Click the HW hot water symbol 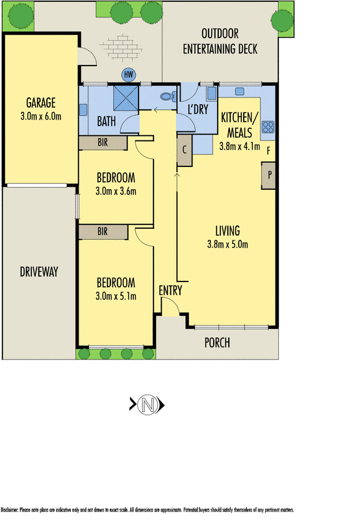pos(128,75)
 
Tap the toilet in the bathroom pos(168,96)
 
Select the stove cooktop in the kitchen pos(268,127)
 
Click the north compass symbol pos(147,404)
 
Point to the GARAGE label pos(41,103)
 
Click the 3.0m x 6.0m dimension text pos(41,116)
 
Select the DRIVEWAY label pos(39,272)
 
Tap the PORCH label pos(217,343)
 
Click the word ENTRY pos(170,291)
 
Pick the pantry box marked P pos(268,175)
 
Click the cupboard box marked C pos(185,150)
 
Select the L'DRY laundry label pos(198,109)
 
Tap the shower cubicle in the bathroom pos(125,98)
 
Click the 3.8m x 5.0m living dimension pos(227,244)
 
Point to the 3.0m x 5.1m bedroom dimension pos(116,296)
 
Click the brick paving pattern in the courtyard pos(122,47)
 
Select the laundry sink pos(212,94)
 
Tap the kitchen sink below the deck pos(240,91)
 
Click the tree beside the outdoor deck pos(282,21)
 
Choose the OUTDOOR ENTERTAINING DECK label pos(220,41)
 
